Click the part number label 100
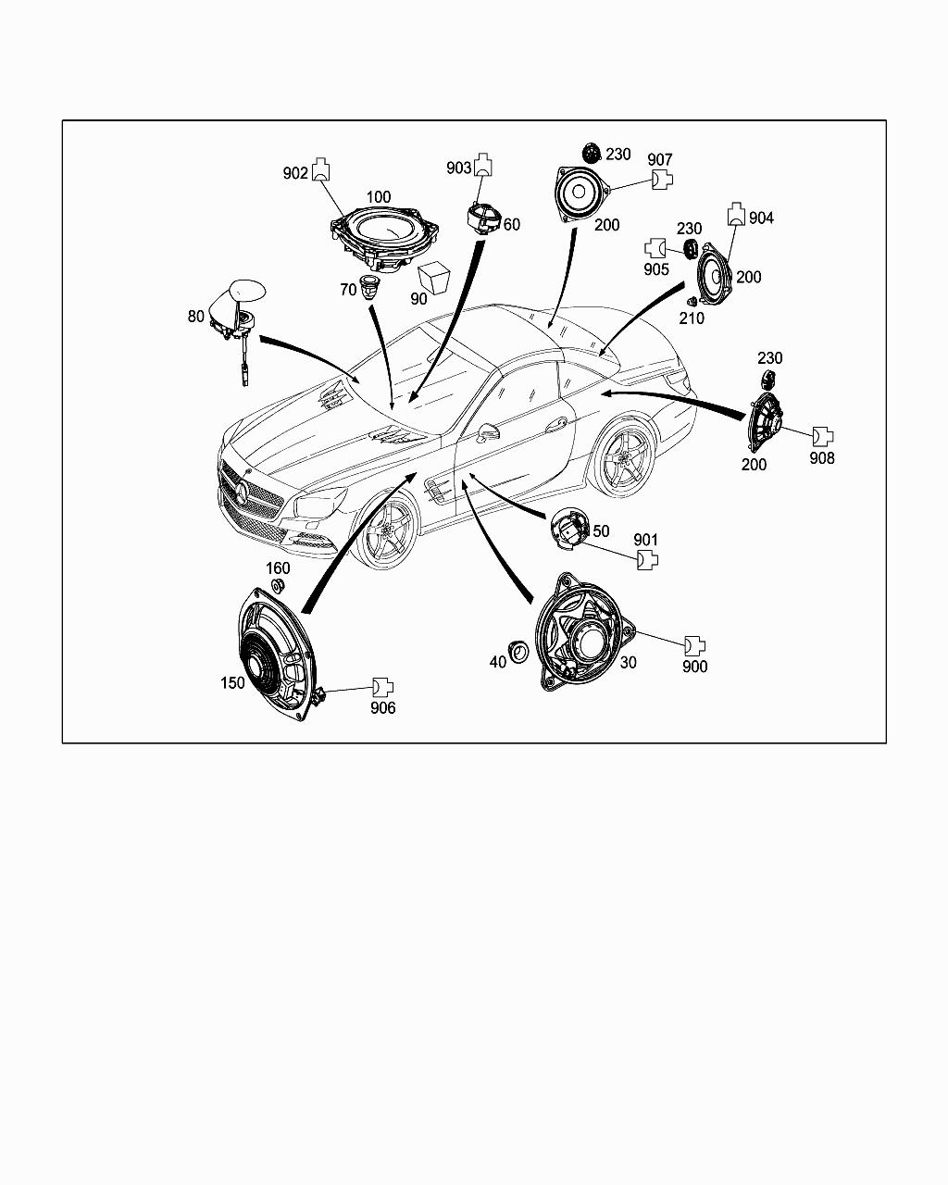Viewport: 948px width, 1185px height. pos(378,197)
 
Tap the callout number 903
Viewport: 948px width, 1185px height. pos(458,168)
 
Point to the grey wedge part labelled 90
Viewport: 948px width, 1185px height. pos(432,277)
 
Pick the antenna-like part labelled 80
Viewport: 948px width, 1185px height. pos(236,313)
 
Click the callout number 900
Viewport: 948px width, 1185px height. pos(694,667)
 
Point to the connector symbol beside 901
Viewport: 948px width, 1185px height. pos(648,560)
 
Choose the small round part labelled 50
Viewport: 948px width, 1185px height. pos(568,533)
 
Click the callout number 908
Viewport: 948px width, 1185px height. pos(822,457)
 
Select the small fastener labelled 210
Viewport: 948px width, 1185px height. pos(692,302)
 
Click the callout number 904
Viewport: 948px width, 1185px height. pos(761,218)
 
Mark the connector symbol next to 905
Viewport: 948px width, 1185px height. pos(655,248)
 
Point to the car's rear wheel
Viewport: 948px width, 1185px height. pos(622,459)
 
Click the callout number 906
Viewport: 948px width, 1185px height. pos(382,708)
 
